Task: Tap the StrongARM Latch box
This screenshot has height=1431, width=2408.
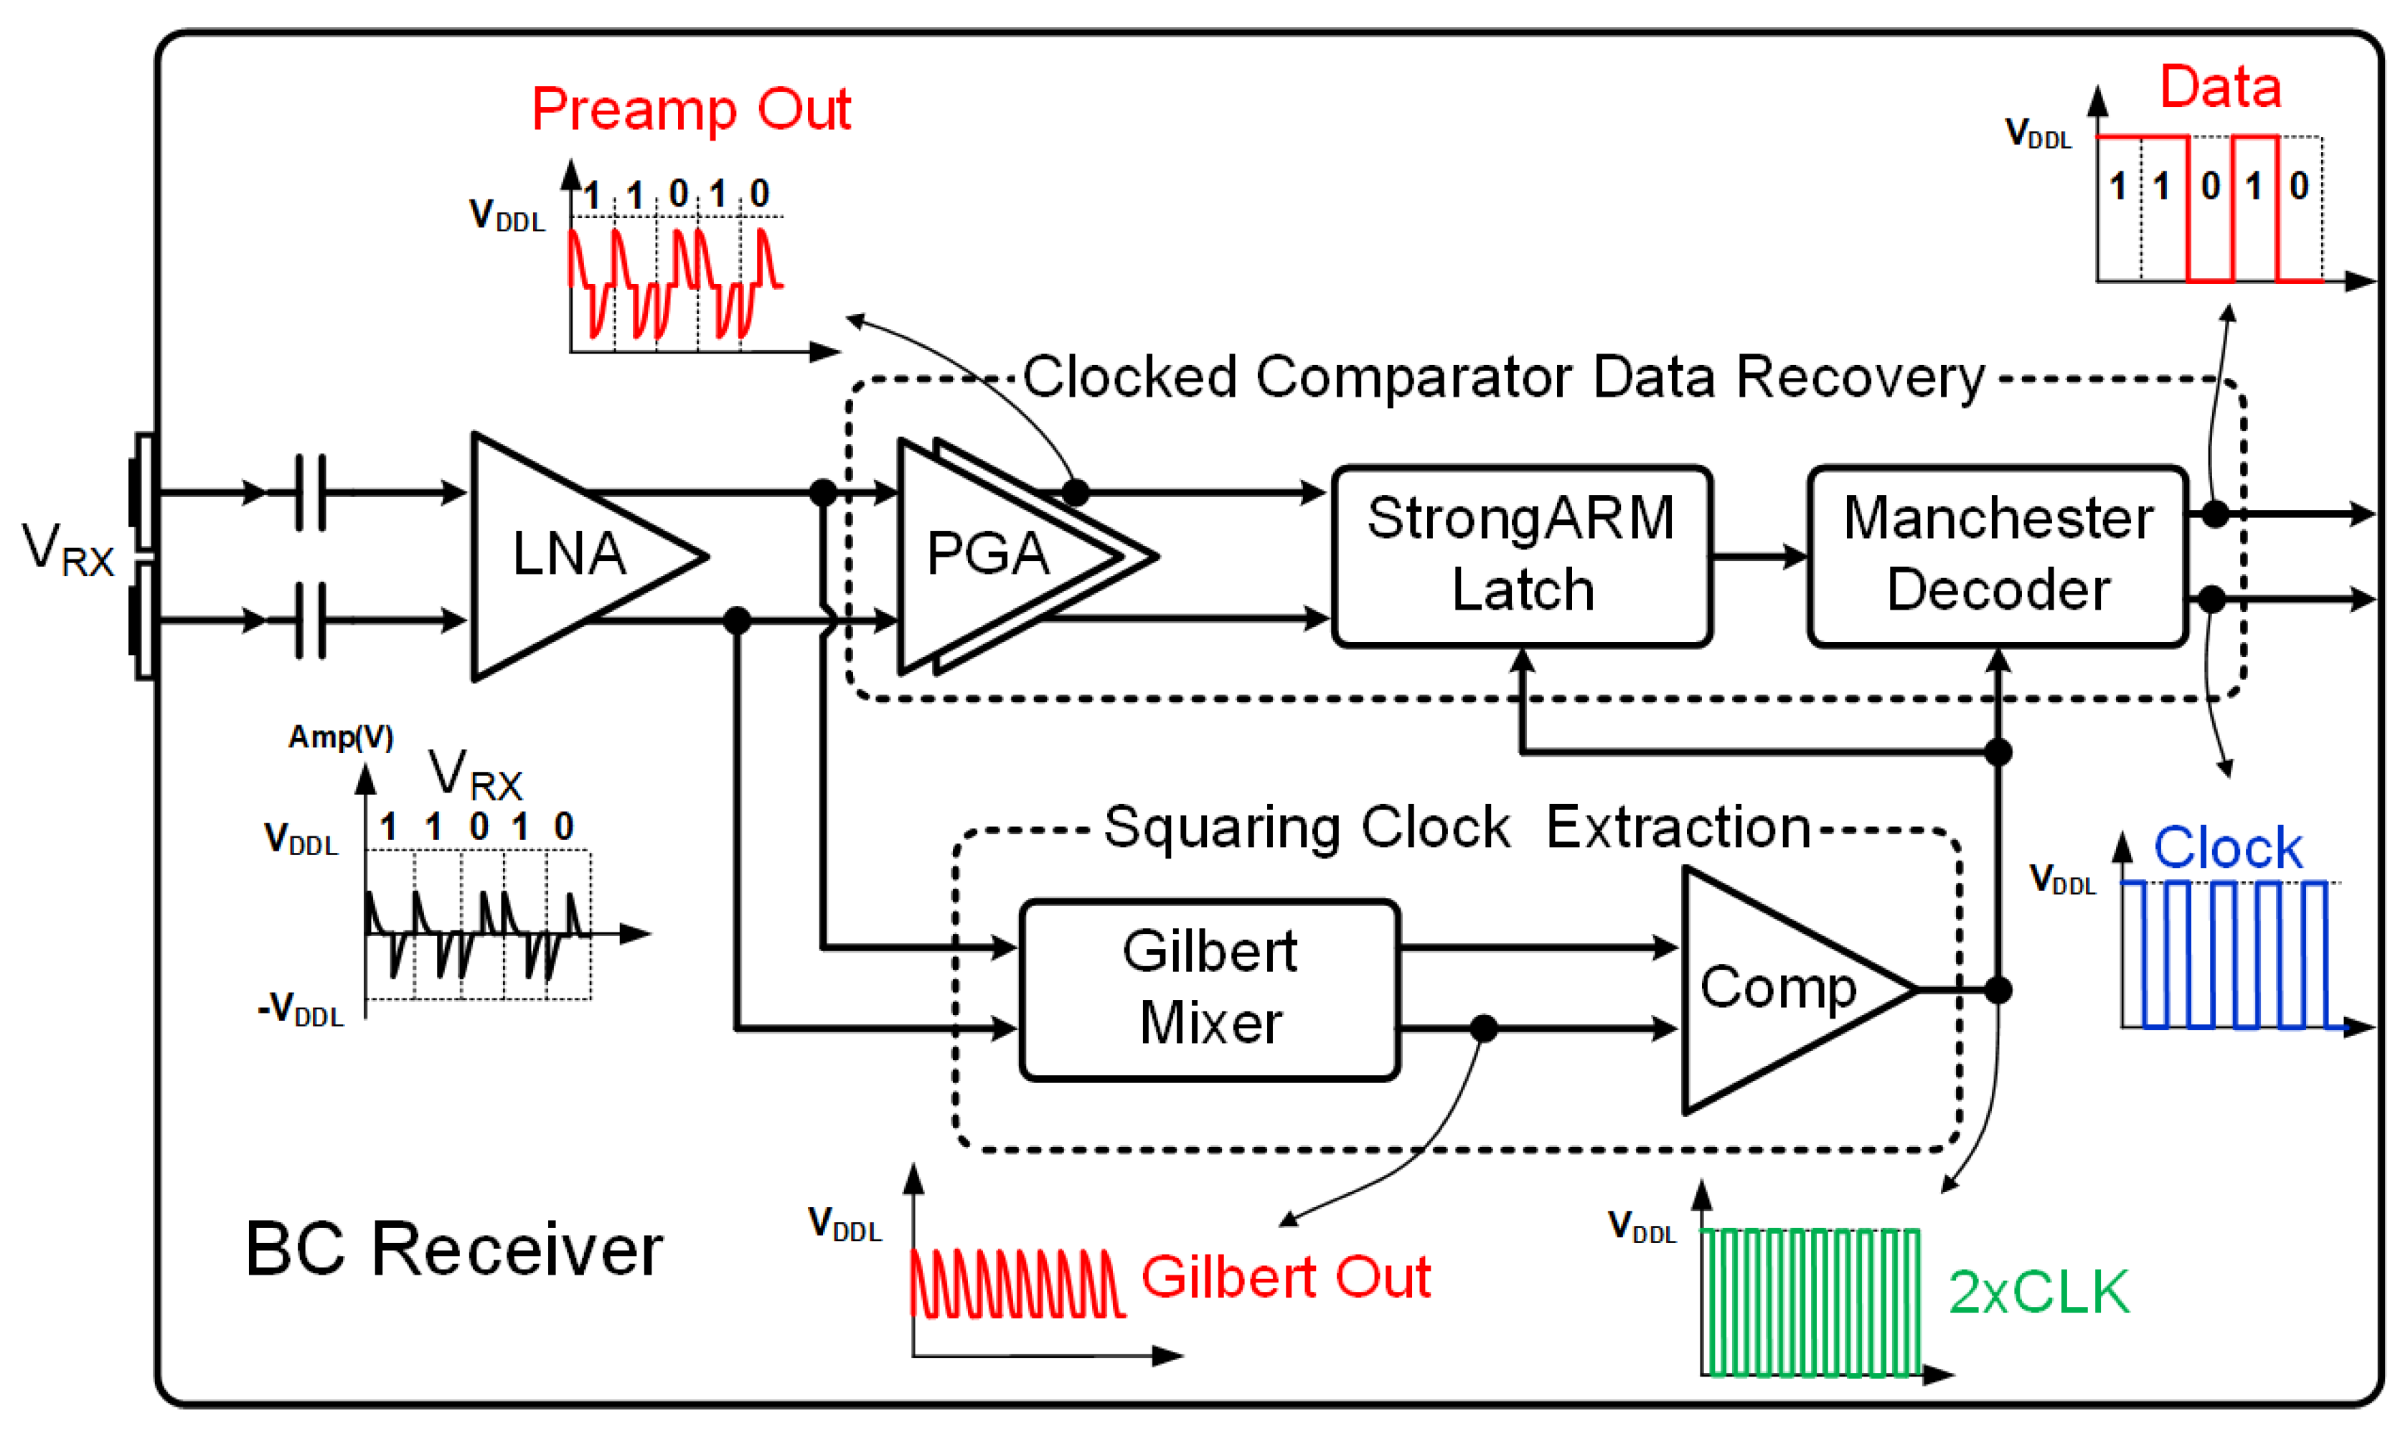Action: point(1521,555)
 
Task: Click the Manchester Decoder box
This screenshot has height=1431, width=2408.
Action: point(1997,555)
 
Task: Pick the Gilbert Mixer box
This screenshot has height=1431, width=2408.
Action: point(1209,988)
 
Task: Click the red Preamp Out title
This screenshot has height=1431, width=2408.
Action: point(692,109)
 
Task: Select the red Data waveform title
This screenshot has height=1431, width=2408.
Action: point(2219,87)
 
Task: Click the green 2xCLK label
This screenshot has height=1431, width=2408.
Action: point(2038,1292)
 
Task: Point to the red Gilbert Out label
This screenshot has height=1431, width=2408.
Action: point(1286,1277)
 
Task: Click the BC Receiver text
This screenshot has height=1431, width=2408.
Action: point(453,1250)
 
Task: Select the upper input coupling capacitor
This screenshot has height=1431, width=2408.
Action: point(309,493)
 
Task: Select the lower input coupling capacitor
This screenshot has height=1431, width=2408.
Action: point(309,620)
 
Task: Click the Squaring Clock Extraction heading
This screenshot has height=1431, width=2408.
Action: point(1456,827)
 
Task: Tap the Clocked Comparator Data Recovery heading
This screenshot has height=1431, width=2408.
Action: point(1502,377)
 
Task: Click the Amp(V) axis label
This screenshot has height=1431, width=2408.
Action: point(340,737)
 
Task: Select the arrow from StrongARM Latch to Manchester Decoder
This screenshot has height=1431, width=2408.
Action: point(1759,557)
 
